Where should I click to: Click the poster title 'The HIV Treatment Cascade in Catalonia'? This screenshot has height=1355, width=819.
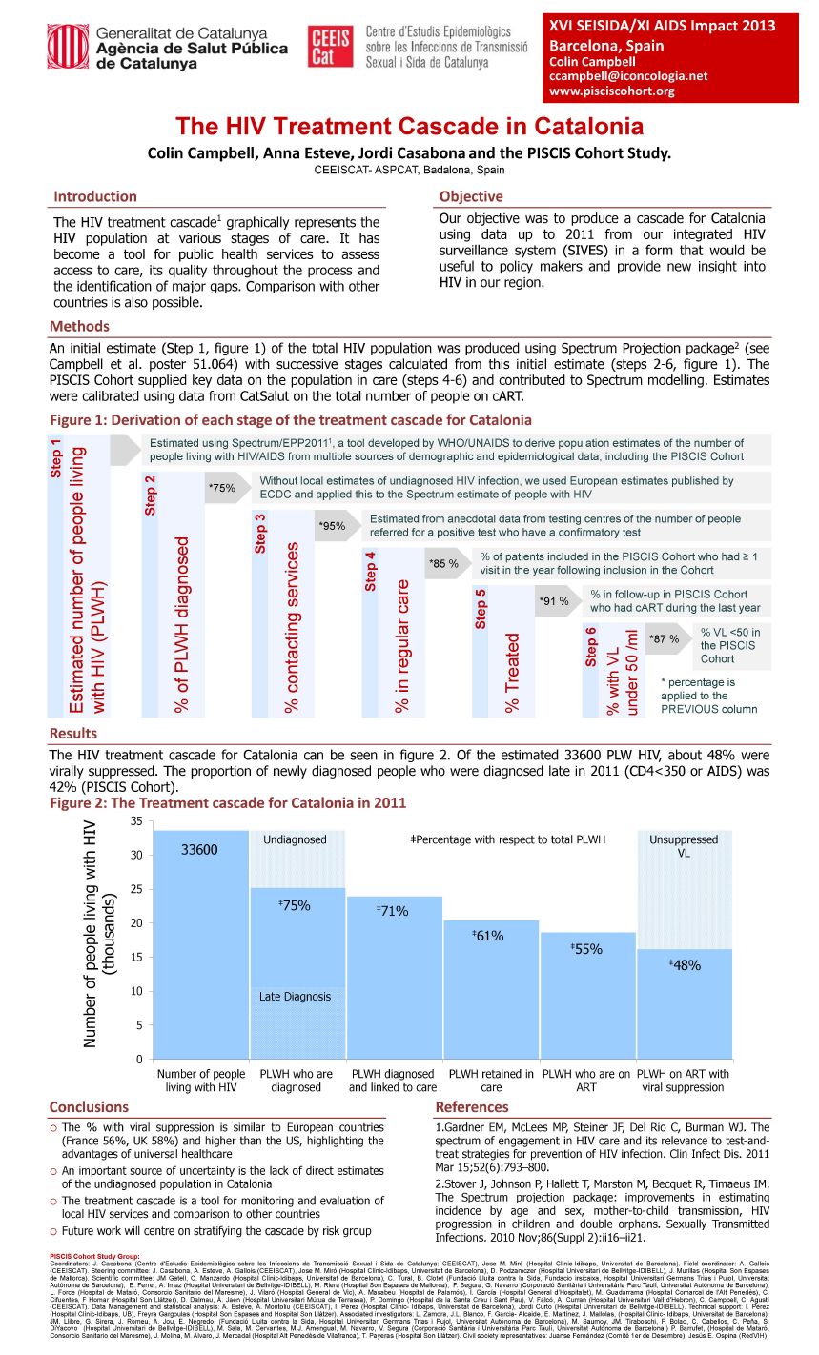point(409,127)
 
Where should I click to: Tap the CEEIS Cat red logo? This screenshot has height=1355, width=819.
point(330,47)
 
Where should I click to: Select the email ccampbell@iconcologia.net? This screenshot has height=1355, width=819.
point(628,76)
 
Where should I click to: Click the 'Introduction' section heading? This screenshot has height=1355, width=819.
point(95,197)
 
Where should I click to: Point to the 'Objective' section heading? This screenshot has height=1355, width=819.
point(471,197)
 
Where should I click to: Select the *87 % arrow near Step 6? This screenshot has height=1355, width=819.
point(665,639)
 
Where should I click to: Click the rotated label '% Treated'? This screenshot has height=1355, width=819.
point(513,672)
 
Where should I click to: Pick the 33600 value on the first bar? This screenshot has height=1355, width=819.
point(199,850)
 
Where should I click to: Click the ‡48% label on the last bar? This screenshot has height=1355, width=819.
point(686,965)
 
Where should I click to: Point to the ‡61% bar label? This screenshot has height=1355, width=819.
point(489,937)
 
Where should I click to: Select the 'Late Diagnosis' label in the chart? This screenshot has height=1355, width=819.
point(295,997)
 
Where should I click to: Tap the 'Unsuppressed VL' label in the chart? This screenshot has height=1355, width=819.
point(684,846)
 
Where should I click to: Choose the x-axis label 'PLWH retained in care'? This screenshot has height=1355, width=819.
point(491,1081)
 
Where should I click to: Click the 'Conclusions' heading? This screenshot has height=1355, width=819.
point(89,1107)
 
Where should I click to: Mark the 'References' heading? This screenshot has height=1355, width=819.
point(472,1107)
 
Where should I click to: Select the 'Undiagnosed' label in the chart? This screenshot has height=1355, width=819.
point(295,839)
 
